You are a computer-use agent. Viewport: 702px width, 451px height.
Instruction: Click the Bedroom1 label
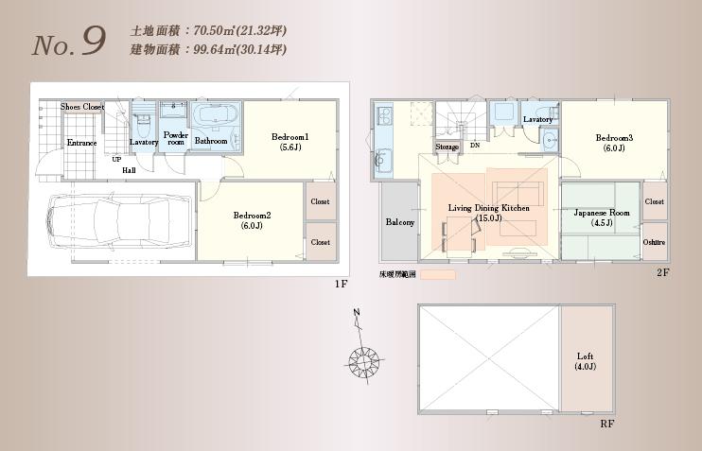tap(290, 137)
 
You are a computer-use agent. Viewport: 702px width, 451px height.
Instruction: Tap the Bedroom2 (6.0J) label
tap(252, 216)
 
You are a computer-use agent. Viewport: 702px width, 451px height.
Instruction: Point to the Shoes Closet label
tap(82, 107)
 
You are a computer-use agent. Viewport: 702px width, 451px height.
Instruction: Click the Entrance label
tap(81, 143)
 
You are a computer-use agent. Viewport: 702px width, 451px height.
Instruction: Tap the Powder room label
tap(176, 138)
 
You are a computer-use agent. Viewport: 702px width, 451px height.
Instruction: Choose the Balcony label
tap(399, 223)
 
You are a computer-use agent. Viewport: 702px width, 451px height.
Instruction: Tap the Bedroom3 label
tap(614, 138)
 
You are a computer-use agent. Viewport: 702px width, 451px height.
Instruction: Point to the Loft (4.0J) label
tap(585, 356)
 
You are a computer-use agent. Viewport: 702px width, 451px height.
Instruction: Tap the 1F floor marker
tap(342, 284)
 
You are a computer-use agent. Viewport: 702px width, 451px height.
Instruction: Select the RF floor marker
tap(607, 425)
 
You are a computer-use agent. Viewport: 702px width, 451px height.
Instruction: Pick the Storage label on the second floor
tap(448, 147)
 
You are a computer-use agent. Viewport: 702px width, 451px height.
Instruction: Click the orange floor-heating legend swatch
tap(437, 275)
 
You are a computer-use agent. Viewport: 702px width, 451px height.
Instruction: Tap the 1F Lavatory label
tap(144, 142)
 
